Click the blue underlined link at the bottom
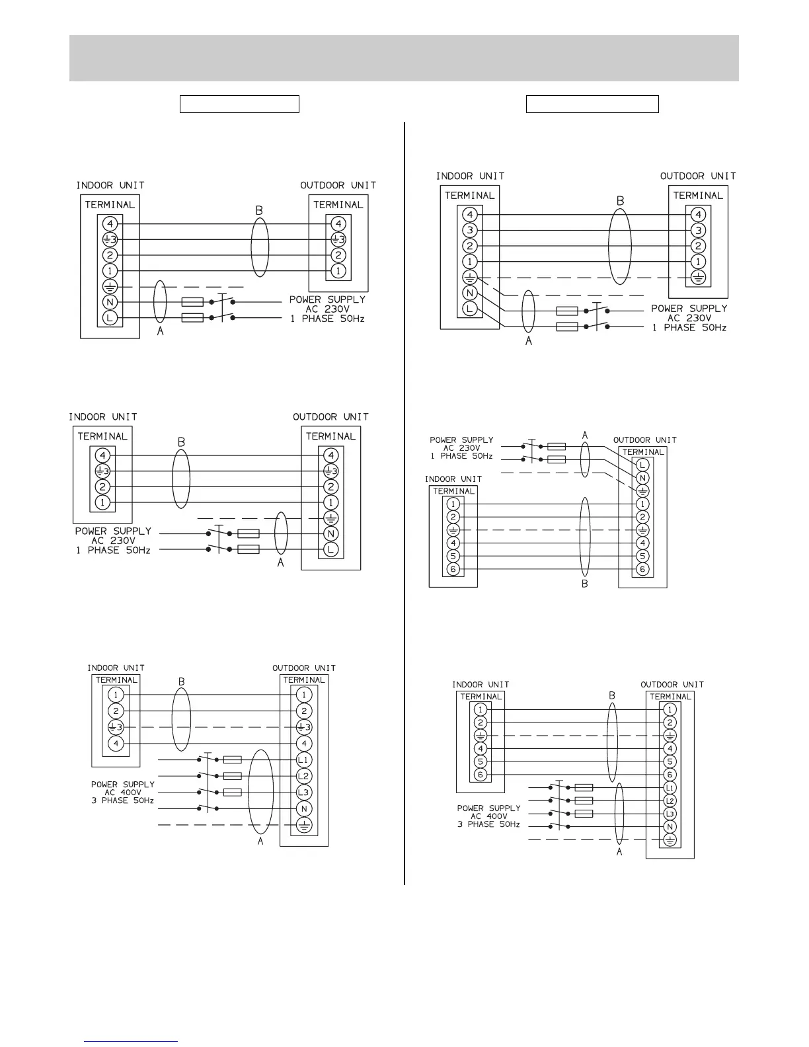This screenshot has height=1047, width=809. point(131,1041)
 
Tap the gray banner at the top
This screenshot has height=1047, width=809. point(404,58)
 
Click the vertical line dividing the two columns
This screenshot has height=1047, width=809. point(404,502)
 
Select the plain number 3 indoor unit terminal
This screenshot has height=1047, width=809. point(470,230)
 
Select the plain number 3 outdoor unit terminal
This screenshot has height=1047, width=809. point(698,230)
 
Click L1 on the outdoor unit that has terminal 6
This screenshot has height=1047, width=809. point(670,788)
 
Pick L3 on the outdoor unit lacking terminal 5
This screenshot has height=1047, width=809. point(303,792)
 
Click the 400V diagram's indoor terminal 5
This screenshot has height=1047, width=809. point(481,761)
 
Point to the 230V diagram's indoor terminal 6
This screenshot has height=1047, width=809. point(453,569)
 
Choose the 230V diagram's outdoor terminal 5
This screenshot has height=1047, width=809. point(642,556)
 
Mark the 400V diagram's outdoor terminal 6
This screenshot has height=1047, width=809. point(670,775)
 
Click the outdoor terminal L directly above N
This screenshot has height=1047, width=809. point(642,465)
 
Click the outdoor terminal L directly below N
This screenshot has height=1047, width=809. point(331,549)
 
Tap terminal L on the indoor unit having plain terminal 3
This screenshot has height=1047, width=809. point(470,309)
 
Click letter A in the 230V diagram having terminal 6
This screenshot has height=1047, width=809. point(585,435)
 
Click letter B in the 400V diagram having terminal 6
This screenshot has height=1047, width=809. point(612,695)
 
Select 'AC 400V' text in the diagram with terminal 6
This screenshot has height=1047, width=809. point(488,816)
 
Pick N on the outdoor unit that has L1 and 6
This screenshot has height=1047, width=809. point(670,827)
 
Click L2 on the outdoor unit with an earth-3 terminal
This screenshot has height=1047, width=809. point(303,776)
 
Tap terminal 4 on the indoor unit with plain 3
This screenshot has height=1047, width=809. point(470,214)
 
